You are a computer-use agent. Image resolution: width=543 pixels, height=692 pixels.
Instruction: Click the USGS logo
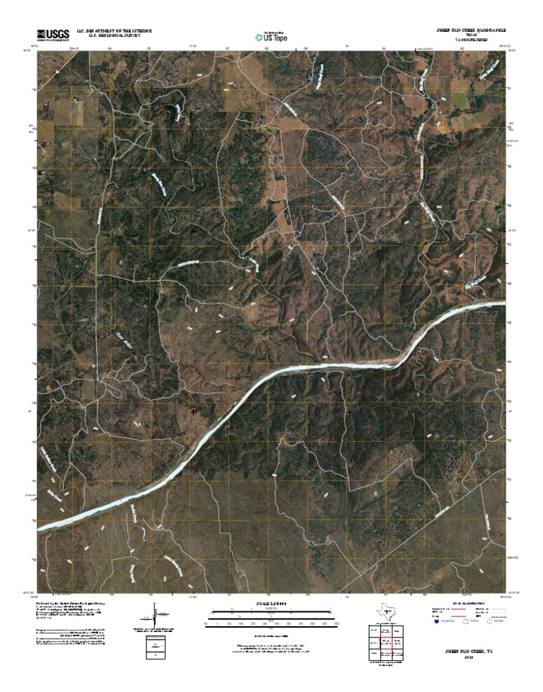point(53,33)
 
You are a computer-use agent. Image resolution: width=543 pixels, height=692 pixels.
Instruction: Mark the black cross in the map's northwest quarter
point(193,231)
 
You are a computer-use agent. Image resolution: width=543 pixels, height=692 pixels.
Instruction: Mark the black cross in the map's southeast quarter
point(349,411)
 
